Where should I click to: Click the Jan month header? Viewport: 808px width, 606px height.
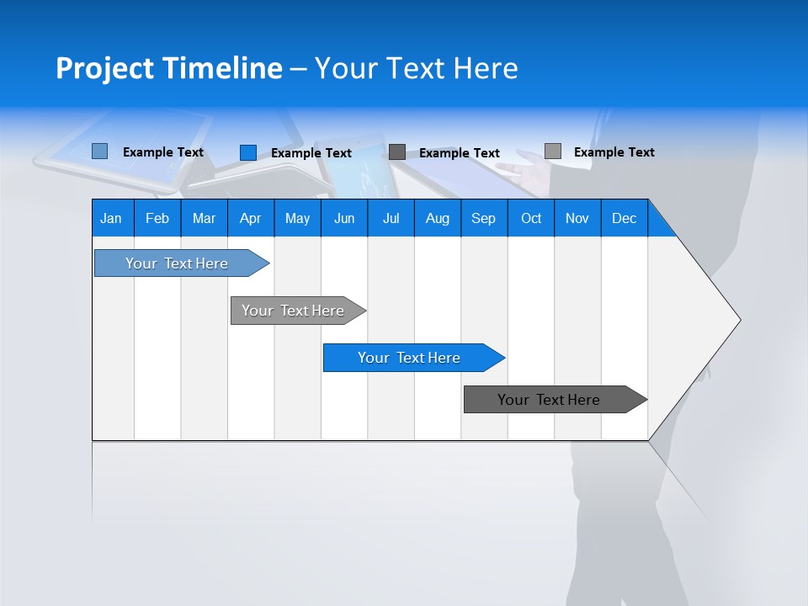coord(112,218)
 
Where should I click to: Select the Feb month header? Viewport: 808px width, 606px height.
coord(157,218)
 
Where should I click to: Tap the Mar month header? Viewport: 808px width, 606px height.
coord(204,218)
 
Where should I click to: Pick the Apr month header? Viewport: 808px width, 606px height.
coord(251,218)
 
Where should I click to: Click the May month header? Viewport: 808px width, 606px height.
coord(297,218)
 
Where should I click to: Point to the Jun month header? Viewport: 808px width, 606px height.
coord(344,218)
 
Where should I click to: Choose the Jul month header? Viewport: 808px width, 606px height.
coord(391,218)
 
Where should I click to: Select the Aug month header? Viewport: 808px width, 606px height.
coord(438,218)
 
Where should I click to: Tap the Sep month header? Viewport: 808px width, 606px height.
coord(484,218)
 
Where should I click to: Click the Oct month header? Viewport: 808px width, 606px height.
coord(531,218)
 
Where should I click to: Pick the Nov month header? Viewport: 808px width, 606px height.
coord(577,218)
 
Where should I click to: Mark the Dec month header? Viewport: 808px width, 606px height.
coord(625,218)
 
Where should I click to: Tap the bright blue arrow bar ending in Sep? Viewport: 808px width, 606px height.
coord(410,358)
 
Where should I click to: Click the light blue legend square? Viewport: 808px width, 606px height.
coord(100,151)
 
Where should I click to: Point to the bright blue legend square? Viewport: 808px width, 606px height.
coord(248,152)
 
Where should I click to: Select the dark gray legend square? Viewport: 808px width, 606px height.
coord(397,152)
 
